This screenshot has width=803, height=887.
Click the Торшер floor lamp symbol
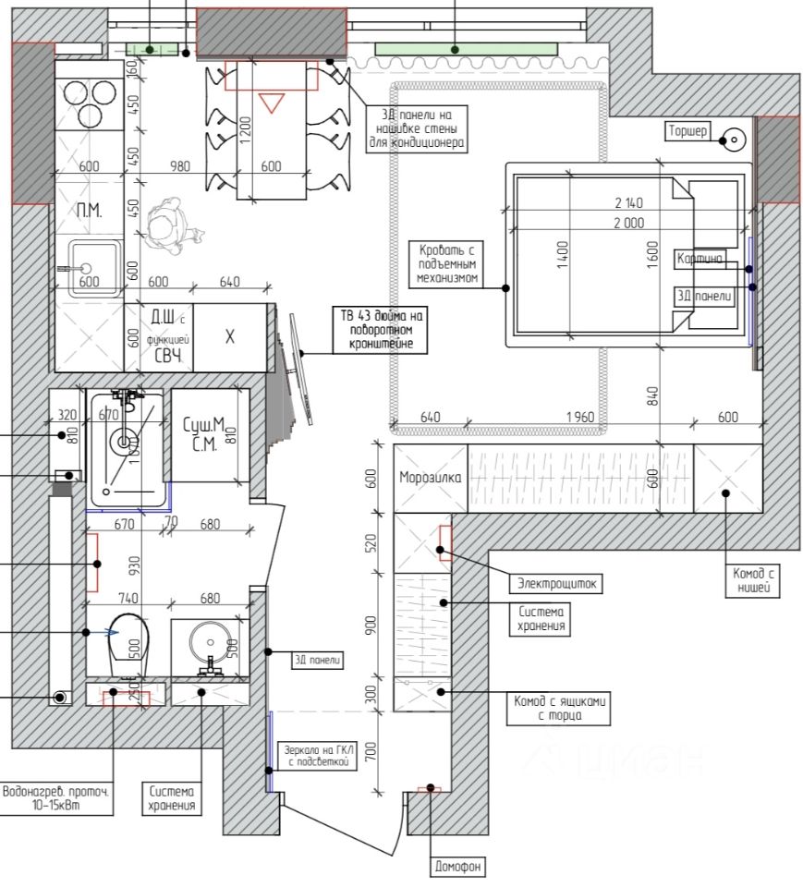pos(734,140)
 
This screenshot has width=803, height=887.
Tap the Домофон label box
pos(458,867)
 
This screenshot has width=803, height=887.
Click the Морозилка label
pos(430,479)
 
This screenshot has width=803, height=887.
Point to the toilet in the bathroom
pos(128,644)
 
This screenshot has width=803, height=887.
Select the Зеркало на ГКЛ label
pos(316,755)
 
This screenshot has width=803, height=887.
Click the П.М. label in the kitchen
pos(89,211)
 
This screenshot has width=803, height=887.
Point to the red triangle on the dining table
pos(271,102)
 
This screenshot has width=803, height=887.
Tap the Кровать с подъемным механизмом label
pos(447,263)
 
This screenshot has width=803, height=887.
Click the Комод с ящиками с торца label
pos(560,708)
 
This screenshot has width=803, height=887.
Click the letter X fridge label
pos(230,336)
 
